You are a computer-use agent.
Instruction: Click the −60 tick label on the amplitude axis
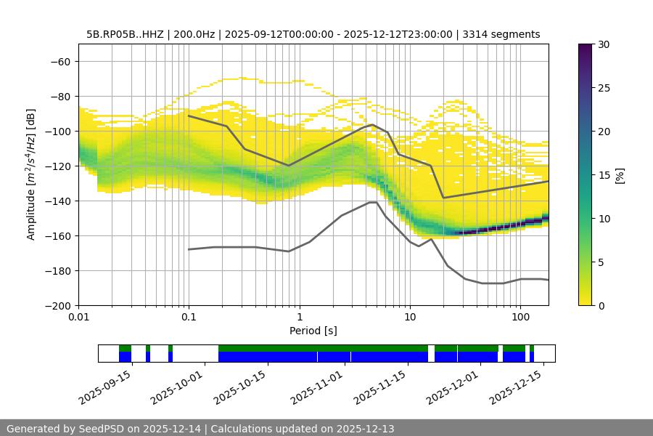[59, 61]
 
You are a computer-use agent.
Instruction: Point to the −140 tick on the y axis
[59, 201]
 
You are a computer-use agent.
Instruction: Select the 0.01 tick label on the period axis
[78, 318]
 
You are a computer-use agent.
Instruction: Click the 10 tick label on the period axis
[410, 318]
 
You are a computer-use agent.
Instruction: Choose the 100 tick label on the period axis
[520, 318]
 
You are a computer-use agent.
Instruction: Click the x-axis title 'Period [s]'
[313, 331]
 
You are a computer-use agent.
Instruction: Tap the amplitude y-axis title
[30, 174]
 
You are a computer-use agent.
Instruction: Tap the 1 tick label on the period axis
[299, 318]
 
